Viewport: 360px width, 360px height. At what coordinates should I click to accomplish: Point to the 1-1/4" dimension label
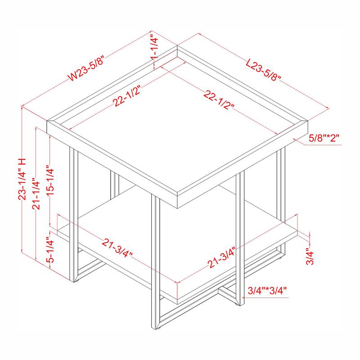pyautogui.click(x=153, y=49)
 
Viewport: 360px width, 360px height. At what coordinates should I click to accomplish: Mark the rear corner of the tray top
pyautogui.click(x=177, y=46)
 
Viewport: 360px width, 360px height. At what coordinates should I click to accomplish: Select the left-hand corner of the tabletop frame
pyautogui.click(x=48, y=121)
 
